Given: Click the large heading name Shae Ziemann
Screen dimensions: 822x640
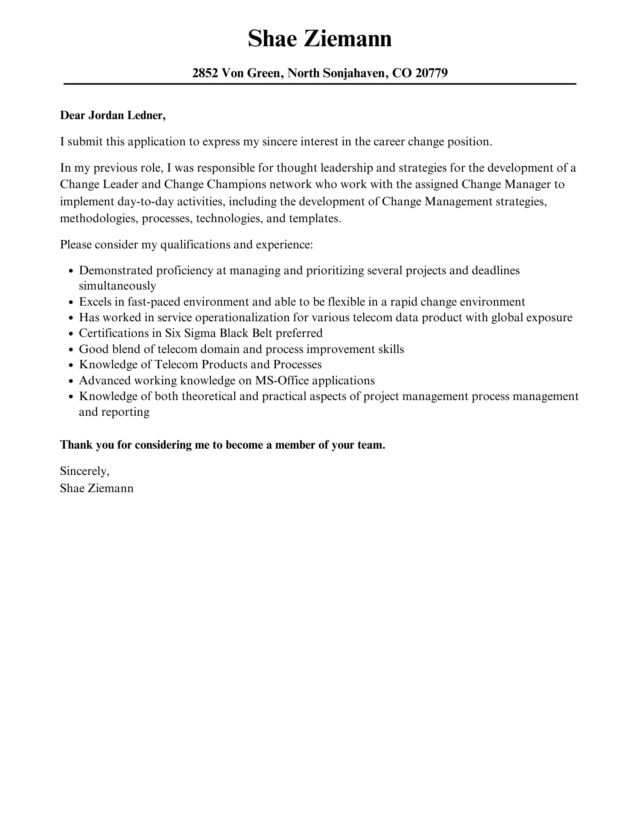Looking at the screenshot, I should click(x=320, y=39).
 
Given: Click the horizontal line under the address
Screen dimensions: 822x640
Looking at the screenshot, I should click(x=320, y=84).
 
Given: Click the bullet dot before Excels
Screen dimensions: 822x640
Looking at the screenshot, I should click(x=71, y=303).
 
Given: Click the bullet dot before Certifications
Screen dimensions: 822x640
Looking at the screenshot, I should click(x=71, y=334).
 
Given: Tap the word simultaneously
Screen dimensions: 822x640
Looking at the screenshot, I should click(x=117, y=286).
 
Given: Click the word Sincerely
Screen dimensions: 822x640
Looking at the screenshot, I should click(x=84, y=471).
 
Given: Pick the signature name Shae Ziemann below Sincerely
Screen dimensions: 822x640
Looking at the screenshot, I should click(x=96, y=488).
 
